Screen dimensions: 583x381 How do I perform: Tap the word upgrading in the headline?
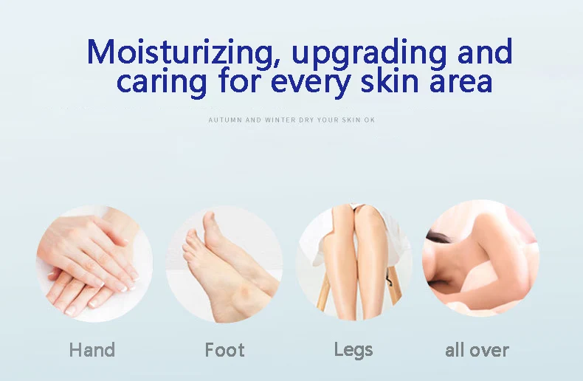tap(369, 53)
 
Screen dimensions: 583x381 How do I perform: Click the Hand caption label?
tap(92, 350)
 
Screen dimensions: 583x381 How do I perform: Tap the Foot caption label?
tap(224, 350)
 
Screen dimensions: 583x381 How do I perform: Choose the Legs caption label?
tap(353, 351)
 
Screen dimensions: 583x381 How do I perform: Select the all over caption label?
tap(477, 350)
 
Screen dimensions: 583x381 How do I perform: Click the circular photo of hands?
tap(94, 264)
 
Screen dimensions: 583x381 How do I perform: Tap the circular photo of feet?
tap(224, 264)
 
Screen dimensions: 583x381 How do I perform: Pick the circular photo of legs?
tap(353, 261)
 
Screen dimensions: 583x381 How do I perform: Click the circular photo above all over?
tap(480, 258)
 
